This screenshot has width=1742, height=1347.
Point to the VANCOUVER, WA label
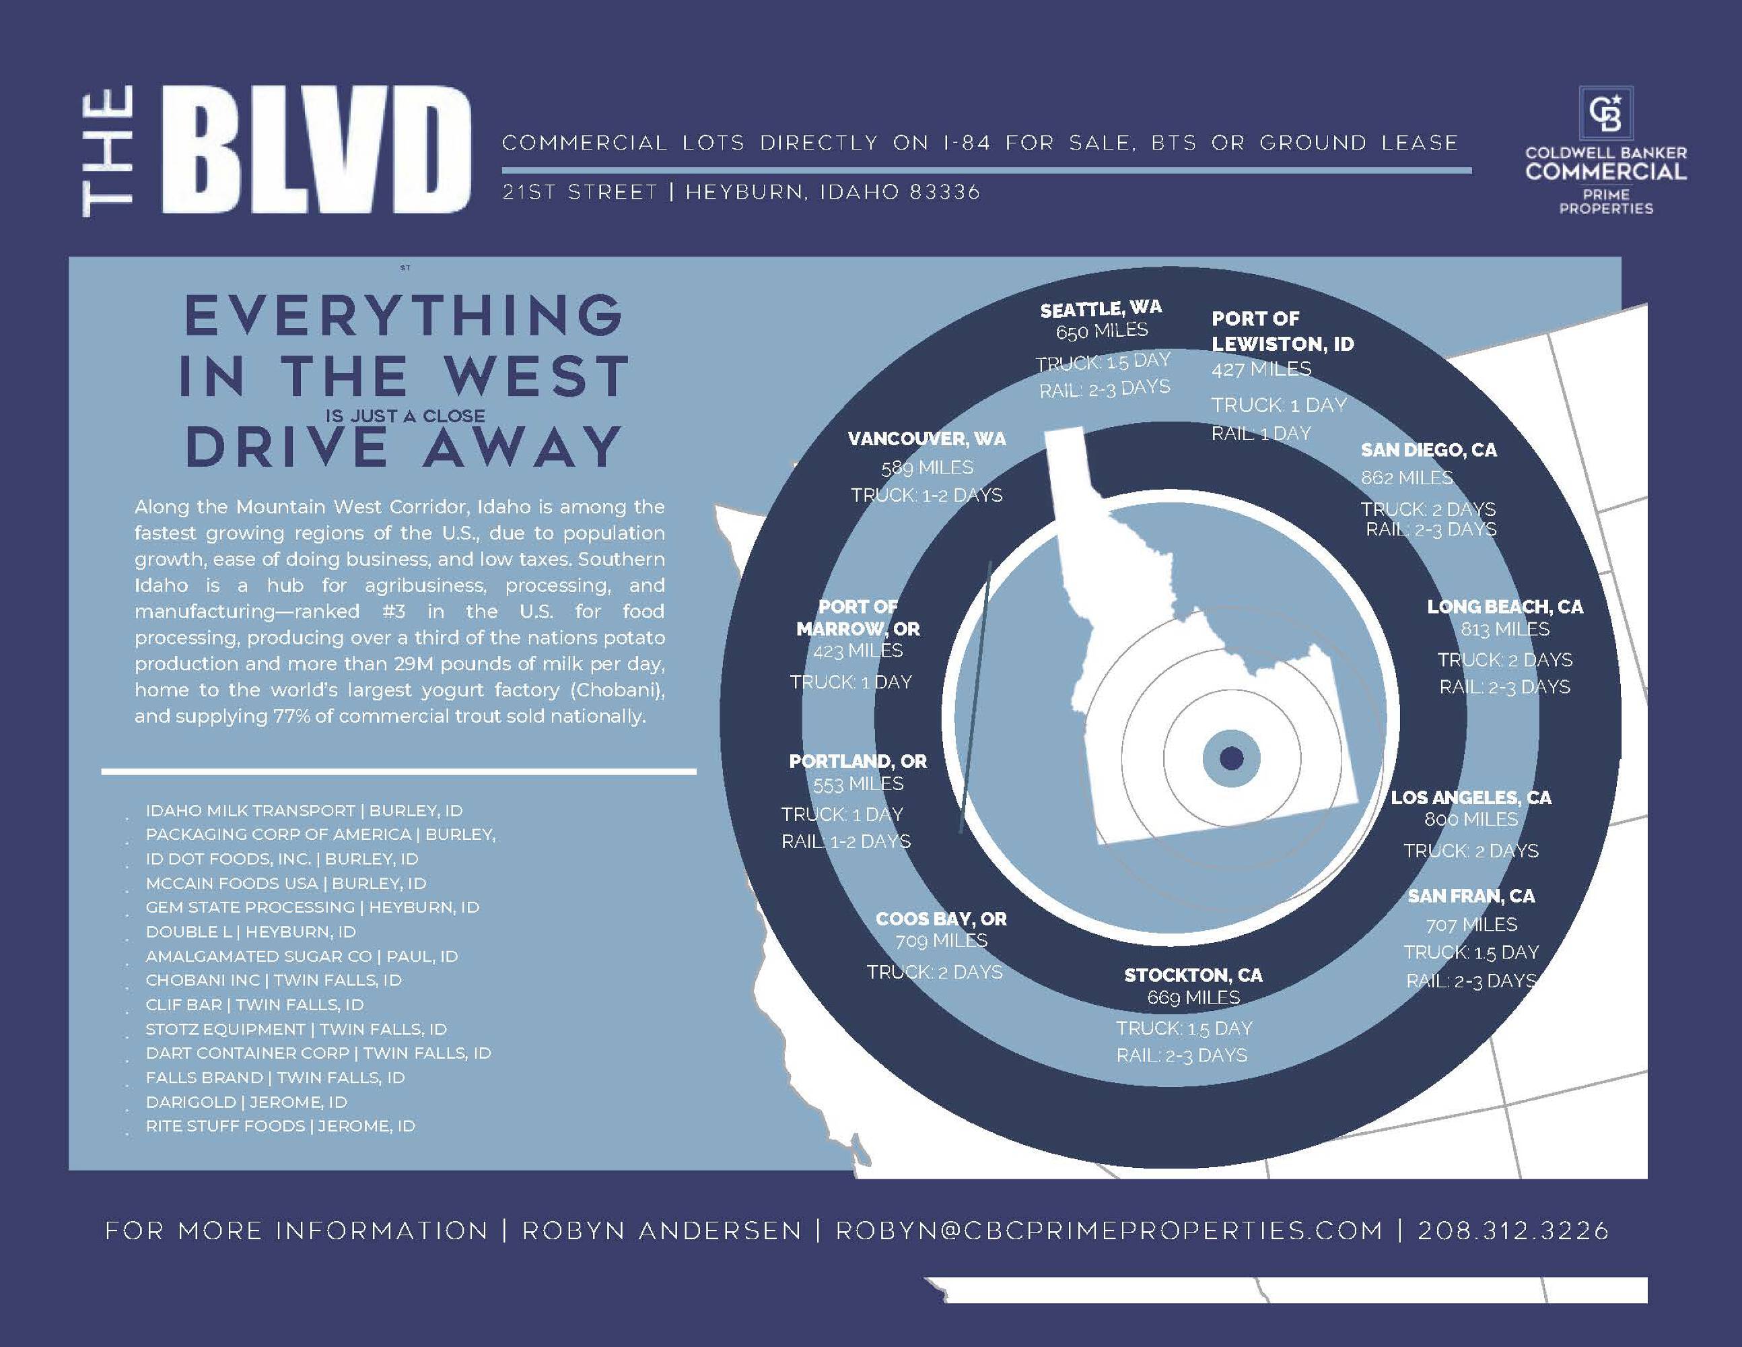tap(927, 439)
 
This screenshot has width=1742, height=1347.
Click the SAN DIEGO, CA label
tap(1428, 450)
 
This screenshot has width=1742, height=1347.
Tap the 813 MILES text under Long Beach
tap(1504, 630)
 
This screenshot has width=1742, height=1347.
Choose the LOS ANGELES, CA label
tap(1471, 797)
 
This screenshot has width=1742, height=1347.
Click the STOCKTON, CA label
tap(1193, 975)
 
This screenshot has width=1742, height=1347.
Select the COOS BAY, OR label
tap(941, 919)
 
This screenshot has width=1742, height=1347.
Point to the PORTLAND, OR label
tap(858, 761)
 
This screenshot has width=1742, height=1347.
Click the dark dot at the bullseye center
tap(1232, 757)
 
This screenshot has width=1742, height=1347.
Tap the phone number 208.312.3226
tap(1513, 1230)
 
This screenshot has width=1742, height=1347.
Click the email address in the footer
tap(1109, 1230)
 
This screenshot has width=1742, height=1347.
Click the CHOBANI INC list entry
tap(273, 980)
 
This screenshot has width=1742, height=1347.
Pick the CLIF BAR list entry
tap(254, 1005)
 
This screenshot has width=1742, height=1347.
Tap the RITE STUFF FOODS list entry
tap(280, 1126)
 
